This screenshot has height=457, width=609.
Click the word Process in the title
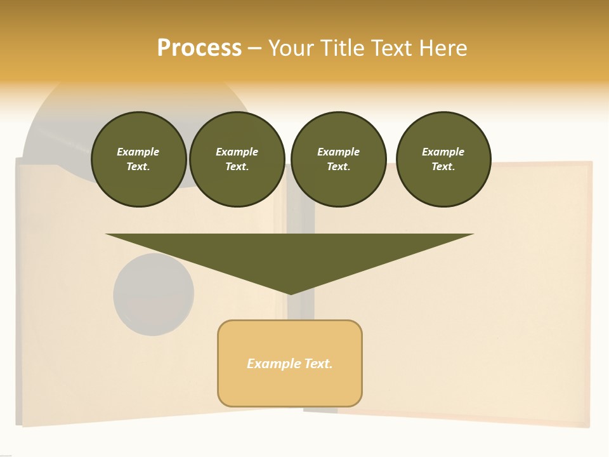coord(199,48)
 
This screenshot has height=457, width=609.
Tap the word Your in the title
coord(292,48)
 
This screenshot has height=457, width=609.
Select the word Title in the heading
coord(341,48)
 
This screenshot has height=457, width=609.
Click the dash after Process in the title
coord(254,49)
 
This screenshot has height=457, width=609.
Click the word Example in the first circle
coord(138,152)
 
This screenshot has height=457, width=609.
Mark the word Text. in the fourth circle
coord(443,167)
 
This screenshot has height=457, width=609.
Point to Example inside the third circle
coord(338,152)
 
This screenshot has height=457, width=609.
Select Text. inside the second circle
coord(237,167)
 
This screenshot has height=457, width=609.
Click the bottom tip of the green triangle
coord(290,293)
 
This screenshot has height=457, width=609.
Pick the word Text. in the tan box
coord(318,364)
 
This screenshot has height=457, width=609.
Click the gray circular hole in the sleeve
coord(154,295)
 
